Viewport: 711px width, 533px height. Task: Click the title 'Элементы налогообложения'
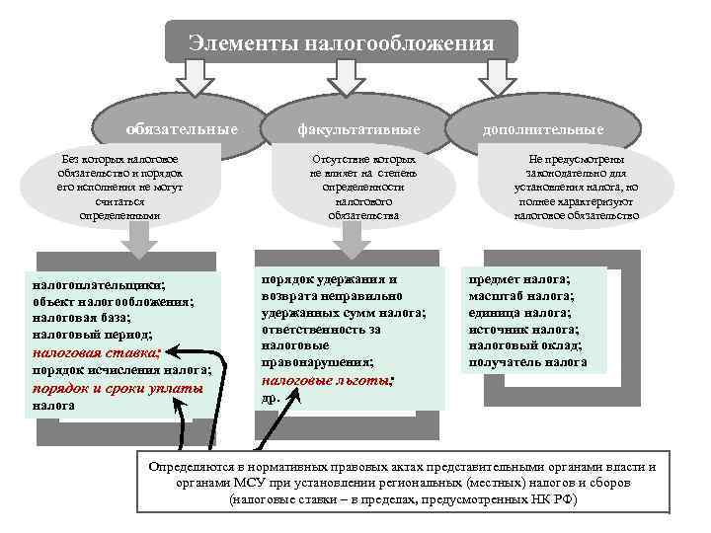click(x=341, y=42)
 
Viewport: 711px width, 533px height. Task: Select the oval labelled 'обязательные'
click(x=182, y=129)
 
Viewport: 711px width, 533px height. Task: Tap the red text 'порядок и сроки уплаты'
click(x=118, y=387)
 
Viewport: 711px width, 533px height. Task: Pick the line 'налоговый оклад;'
click(x=524, y=345)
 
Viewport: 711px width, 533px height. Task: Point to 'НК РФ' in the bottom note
click(x=556, y=500)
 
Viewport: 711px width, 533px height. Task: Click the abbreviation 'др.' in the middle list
click(x=270, y=397)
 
